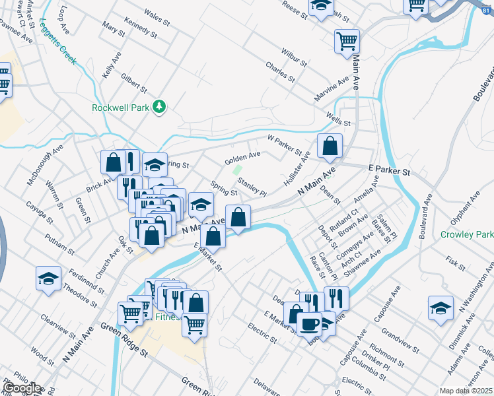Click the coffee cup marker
[310, 324]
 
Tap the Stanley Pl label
[252, 188]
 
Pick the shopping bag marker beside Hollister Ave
[330, 147]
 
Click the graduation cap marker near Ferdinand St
[49, 279]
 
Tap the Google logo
[22, 387]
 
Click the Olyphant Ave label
[465, 210]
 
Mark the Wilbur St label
[294, 57]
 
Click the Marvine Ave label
[332, 89]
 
